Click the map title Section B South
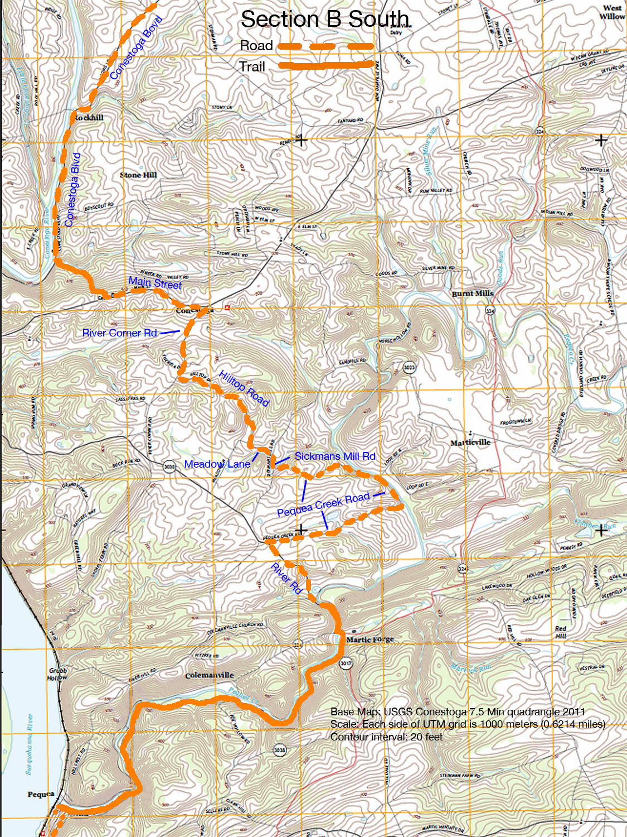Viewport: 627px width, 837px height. pos(325,20)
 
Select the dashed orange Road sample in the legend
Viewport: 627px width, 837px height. pos(326,46)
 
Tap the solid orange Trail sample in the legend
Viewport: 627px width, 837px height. pos(326,65)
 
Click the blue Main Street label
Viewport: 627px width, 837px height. pos(155,283)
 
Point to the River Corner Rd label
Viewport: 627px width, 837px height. pos(119,333)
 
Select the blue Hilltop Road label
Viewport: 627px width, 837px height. pos(244,388)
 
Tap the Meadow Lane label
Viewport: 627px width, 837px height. pos(217,464)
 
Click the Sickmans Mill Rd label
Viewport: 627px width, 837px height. pos(335,456)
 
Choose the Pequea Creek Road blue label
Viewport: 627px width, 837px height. pos(323,504)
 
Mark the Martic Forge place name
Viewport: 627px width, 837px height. pos(370,639)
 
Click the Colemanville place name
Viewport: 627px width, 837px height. pos(209,675)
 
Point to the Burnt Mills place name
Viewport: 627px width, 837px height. pos(472,294)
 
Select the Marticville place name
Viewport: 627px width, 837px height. pos(470,442)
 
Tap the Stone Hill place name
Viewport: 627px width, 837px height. pos(138,175)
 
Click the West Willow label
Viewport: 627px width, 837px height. pos(612,12)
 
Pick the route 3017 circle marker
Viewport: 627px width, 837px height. pos(346,663)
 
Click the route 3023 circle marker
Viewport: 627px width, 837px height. pos(409,367)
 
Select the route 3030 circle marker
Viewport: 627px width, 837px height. pos(170,466)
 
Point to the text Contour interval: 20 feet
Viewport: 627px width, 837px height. pos(386,737)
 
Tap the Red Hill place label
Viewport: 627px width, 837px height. pos(561,632)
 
